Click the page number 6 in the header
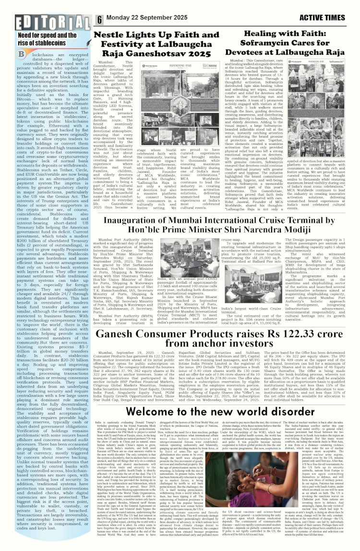tap(99, 20)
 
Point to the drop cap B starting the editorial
tap(21, 56)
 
